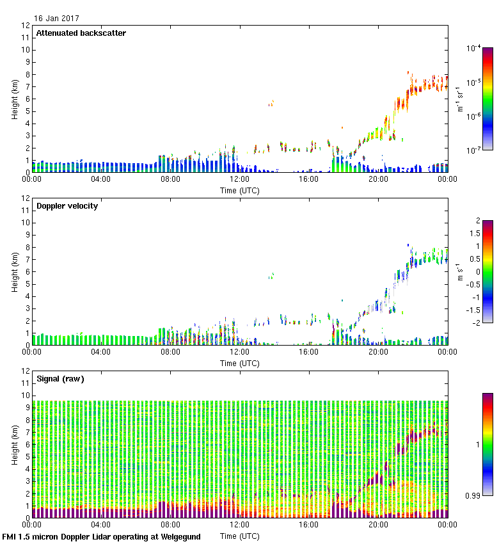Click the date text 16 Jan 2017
[x=57, y=19]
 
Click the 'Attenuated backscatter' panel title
[x=81, y=33]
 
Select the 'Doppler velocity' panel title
[x=67, y=206]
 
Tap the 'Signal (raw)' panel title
[x=60, y=379]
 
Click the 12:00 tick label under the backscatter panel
[x=239, y=179]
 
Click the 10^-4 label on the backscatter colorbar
[x=474, y=48]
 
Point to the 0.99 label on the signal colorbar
[x=471, y=494]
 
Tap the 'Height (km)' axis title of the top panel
[x=14, y=99]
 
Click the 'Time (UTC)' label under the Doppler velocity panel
[x=239, y=364]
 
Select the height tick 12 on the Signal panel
[x=26, y=371]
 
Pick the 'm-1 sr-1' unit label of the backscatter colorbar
[x=461, y=99]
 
